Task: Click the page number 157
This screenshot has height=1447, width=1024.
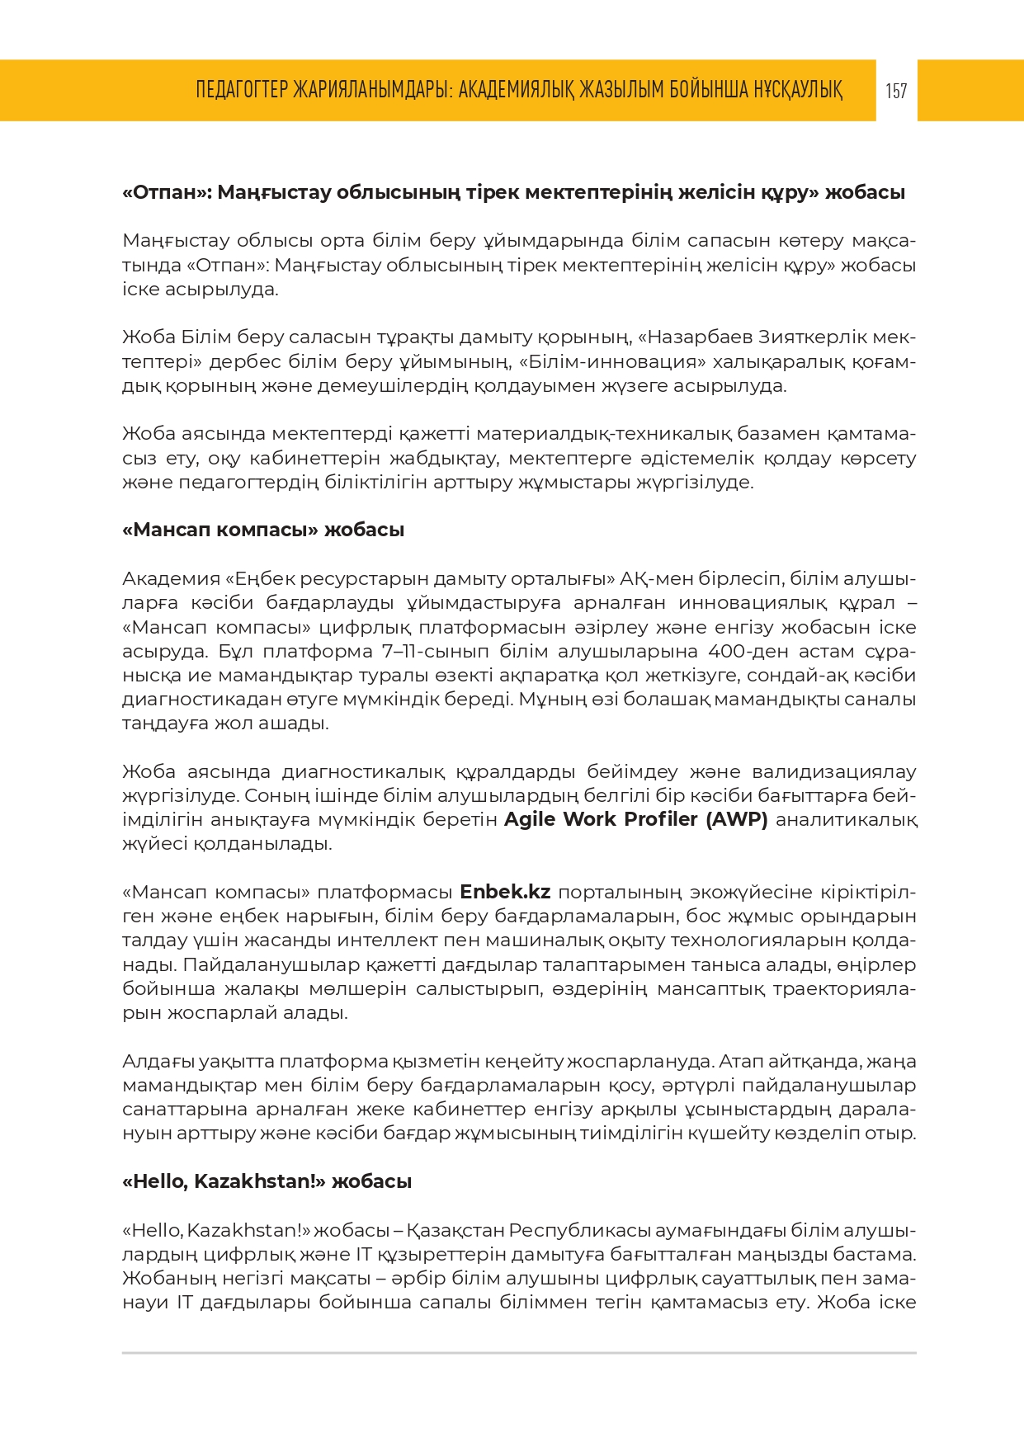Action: [x=896, y=91]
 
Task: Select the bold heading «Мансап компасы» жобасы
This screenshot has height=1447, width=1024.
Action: [x=262, y=530]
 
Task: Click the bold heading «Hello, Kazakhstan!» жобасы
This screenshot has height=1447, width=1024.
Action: [x=267, y=1181]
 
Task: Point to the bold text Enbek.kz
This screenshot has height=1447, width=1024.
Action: [x=505, y=892]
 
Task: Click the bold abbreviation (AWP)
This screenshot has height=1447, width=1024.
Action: [x=737, y=819]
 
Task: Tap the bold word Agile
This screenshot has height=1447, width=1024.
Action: [x=531, y=819]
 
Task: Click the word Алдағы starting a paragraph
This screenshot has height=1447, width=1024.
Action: [x=158, y=1061]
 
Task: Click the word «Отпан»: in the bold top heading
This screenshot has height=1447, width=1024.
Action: [x=168, y=192]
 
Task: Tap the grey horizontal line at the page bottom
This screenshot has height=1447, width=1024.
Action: [x=519, y=1353]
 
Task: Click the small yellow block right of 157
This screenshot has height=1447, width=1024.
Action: [x=970, y=91]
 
